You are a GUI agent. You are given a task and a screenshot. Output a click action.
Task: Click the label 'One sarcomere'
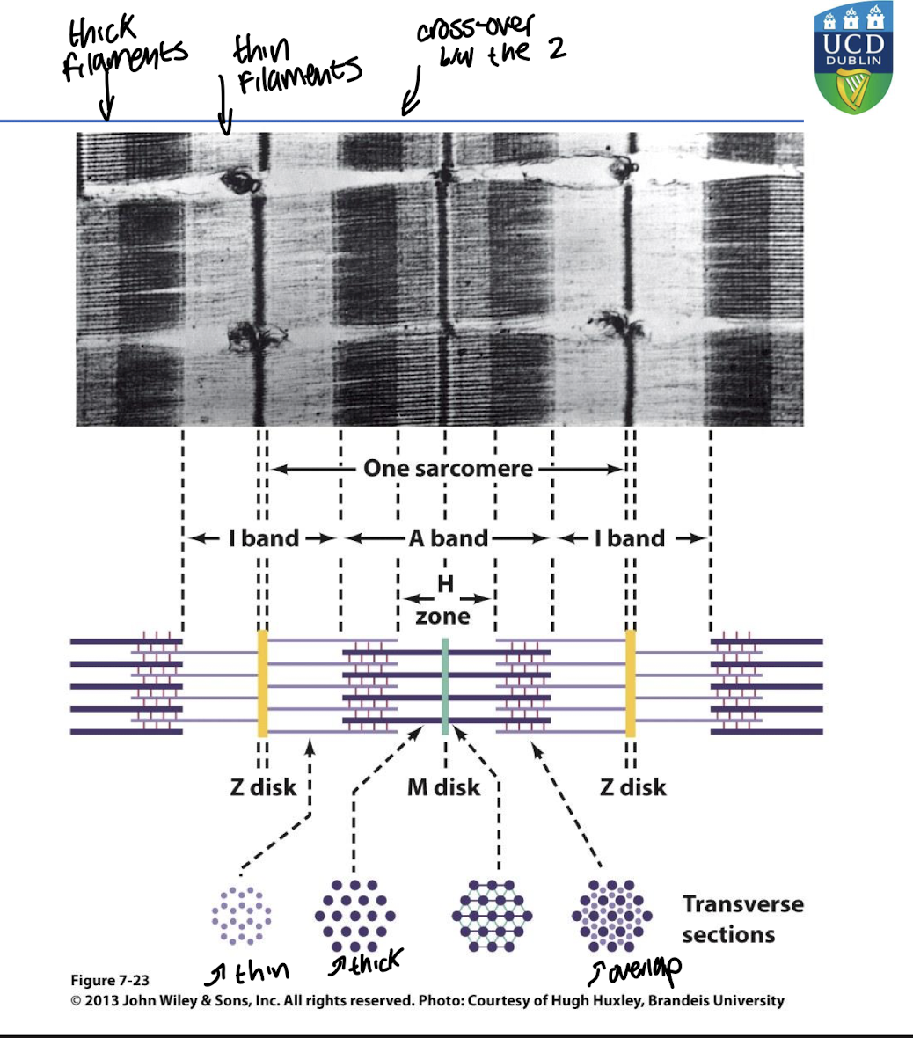[x=448, y=468]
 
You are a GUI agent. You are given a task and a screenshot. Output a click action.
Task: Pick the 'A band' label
[x=448, y=537]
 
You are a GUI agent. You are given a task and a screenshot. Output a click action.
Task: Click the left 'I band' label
[x=264, y=537]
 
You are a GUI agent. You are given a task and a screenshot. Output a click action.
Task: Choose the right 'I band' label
[x=629, y=537]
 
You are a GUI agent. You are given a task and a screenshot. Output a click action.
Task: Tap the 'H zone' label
[x=445, y=599]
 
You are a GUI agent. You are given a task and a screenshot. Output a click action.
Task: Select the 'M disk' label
[x=444, y=786]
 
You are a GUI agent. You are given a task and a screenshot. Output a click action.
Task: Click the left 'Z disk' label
[x=263, y=786]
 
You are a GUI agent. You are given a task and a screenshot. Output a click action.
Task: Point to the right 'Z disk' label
[x=632, y=786]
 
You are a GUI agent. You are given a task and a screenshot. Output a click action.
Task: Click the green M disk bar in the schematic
[x=445, y=686]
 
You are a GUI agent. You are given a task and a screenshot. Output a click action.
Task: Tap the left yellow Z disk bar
[x=262, y=683]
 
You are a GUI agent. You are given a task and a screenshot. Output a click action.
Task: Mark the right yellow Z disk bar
[x=630, y=683]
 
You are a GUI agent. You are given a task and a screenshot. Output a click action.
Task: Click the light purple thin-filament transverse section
[x=241, y=915]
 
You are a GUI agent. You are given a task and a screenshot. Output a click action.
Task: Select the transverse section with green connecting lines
[x=492, y=915]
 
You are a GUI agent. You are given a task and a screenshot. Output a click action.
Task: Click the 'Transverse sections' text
[x=742, y=918]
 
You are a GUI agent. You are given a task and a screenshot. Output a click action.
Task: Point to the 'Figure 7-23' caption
[x=105, y=980]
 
